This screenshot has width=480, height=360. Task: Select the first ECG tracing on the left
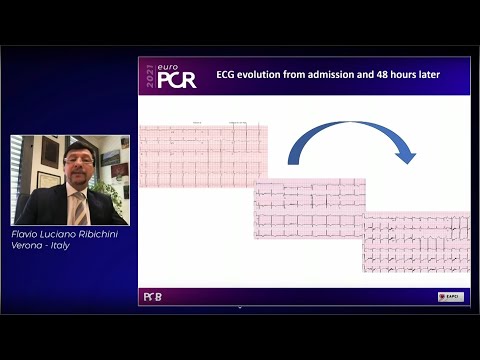click(x=202, y=155)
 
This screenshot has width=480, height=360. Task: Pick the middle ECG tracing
click(x=309, y=208)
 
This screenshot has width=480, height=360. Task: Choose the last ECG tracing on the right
click(x=416, y=242)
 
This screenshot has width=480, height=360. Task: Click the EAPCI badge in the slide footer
click(x=450, y=296)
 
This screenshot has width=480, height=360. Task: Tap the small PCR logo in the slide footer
click(x=152, y=296)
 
